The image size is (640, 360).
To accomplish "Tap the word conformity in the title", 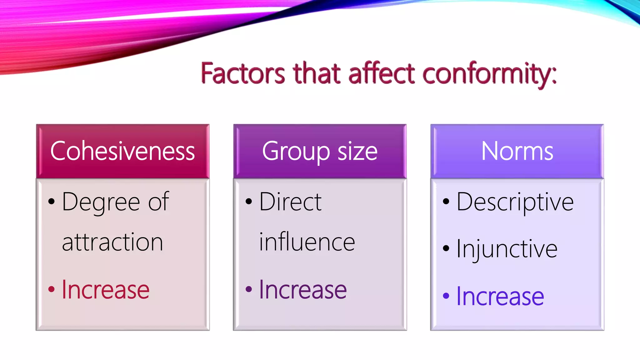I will pyautogui.click(x=489, y=74).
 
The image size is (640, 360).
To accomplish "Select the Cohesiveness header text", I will pyautogui.click(x=122, y=151).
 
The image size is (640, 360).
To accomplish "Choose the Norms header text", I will pyautogui.click(x=517, y=151).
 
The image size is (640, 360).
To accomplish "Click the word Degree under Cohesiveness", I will pyautogui.click(x=101, y=202).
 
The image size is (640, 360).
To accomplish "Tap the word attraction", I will pyautogui.click(x=112, y=242).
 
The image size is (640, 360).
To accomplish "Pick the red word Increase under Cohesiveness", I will pyautogui.click(x=106, y=290).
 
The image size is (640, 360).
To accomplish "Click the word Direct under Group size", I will pyautogui.click(x=290, y=202).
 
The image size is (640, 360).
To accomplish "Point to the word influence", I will pyautogui.click(x=307, y=242).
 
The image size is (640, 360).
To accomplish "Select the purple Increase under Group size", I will pyautogui.click(x=303, y=290).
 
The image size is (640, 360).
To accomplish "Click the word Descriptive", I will pyautogui.click(x=515, y=202).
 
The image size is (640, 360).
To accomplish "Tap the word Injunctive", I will pyautogui.click(x=507, y=249).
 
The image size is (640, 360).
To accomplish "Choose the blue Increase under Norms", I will pyautogui.click(x=500, y=296).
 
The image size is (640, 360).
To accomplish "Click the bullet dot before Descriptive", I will pyautogui.click(x=446, y=202).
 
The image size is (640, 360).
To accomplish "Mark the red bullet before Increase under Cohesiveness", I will pyautogui.click(x=52, y=289).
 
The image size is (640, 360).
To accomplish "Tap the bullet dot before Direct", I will pyautogui.click(x=249, y=201).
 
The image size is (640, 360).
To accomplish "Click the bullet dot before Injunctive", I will pyautogui.click(x=446, y=249).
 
